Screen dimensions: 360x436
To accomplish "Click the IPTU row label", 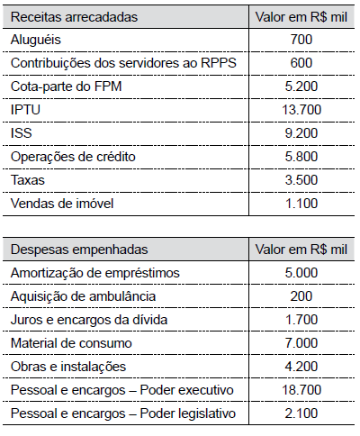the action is click(x=25, y=110).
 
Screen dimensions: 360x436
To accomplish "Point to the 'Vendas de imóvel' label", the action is click(x=62, y=204).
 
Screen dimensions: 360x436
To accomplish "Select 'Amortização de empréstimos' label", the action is click(x=95, y=273).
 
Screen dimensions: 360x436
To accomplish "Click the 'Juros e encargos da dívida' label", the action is click(x=89, y=320).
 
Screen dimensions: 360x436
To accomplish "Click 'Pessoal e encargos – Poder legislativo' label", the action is click(x=122, y=413).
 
